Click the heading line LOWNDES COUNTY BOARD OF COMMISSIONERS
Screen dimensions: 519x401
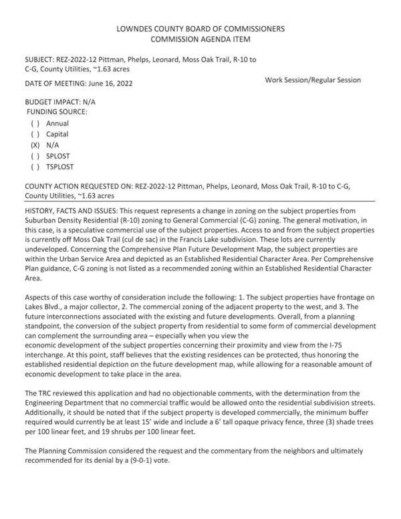coord(200,29)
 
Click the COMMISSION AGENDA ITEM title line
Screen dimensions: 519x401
coord(200,40)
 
